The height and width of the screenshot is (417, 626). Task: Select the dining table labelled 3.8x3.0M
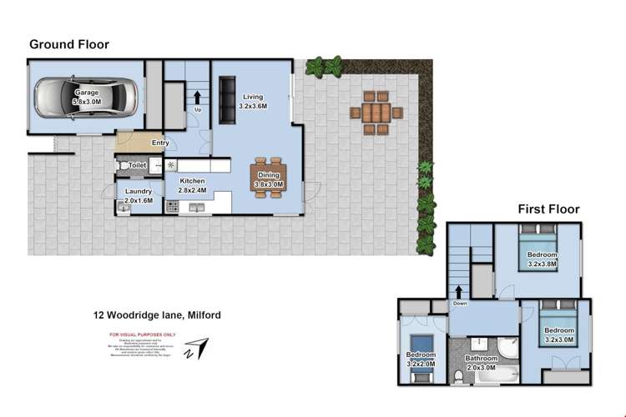pyautogui.click(x=268, y=177)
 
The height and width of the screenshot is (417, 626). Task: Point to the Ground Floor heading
pyautogui.click(x=69, y=44)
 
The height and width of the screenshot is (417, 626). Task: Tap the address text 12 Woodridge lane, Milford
pyautogui.click(x=156, y=315)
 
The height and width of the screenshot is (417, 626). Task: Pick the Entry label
pyautogui.click(x=160, y=143)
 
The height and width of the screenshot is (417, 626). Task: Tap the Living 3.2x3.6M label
pyautogui.click(x=252, y=102)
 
